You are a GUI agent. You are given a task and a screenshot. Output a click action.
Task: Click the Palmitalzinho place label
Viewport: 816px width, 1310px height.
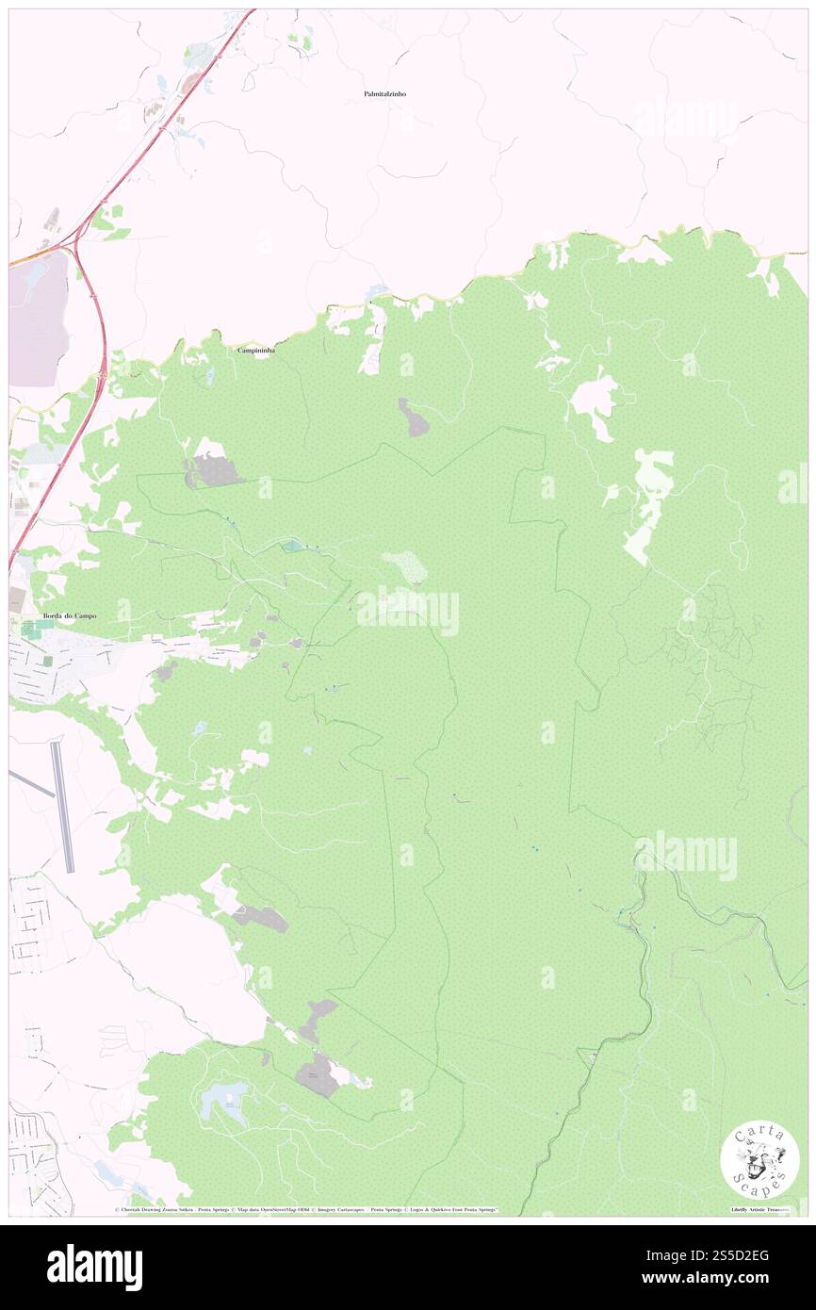[x=384, y=94]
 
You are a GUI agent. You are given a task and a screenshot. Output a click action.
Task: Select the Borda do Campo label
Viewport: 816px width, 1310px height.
[x=70, y=616]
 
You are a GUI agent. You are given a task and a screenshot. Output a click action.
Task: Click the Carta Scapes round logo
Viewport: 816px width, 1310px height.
[x=759, y=1161]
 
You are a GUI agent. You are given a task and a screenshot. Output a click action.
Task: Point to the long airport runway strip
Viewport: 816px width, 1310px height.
[x=62, y=806]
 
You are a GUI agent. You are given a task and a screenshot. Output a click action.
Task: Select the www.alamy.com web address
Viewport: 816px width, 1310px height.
[x=716, y=1278]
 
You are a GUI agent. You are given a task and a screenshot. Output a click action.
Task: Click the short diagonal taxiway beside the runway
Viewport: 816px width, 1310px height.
[x=30, y=782]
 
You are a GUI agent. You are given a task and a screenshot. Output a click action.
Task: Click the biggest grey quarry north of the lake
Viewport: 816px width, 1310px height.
[x=318, y=1073]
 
